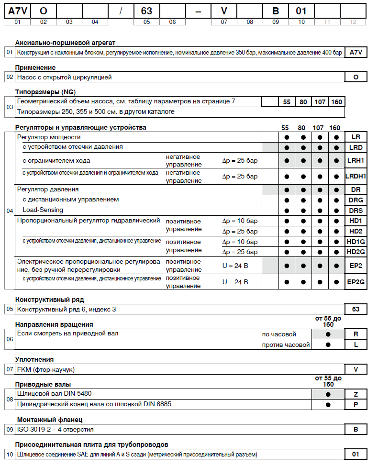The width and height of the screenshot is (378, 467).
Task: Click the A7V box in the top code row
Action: pos(17,10)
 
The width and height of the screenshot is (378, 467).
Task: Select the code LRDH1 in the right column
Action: pos(356,176)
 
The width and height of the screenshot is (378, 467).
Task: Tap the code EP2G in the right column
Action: pos(356,282)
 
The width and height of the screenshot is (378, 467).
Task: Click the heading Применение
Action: pos(35,67)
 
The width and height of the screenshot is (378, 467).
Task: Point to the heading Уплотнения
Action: pos(34,359)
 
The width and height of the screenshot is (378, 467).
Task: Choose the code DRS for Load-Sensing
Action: pos(356,211)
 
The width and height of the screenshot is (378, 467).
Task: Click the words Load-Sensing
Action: pos(43,210)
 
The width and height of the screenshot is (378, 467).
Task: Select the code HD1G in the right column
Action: pos(356,242)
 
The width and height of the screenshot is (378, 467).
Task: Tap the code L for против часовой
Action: pos(356,345)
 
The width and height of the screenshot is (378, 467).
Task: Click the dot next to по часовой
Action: pos(328,334)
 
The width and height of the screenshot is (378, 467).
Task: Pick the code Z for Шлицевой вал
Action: pos(356,394)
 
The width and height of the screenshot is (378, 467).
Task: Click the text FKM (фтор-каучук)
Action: pos(46,369)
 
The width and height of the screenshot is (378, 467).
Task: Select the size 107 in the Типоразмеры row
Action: pos(319,102)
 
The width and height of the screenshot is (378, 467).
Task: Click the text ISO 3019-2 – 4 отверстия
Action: pos(56,429)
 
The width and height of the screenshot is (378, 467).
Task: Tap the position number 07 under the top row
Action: pos(224,22)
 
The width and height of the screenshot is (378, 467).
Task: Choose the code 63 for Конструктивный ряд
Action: pos(356,309)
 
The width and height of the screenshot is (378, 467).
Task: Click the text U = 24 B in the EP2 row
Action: pos(235,265)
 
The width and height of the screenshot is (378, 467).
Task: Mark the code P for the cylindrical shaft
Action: pos(356,405)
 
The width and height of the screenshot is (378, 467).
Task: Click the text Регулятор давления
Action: pos(48,189)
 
